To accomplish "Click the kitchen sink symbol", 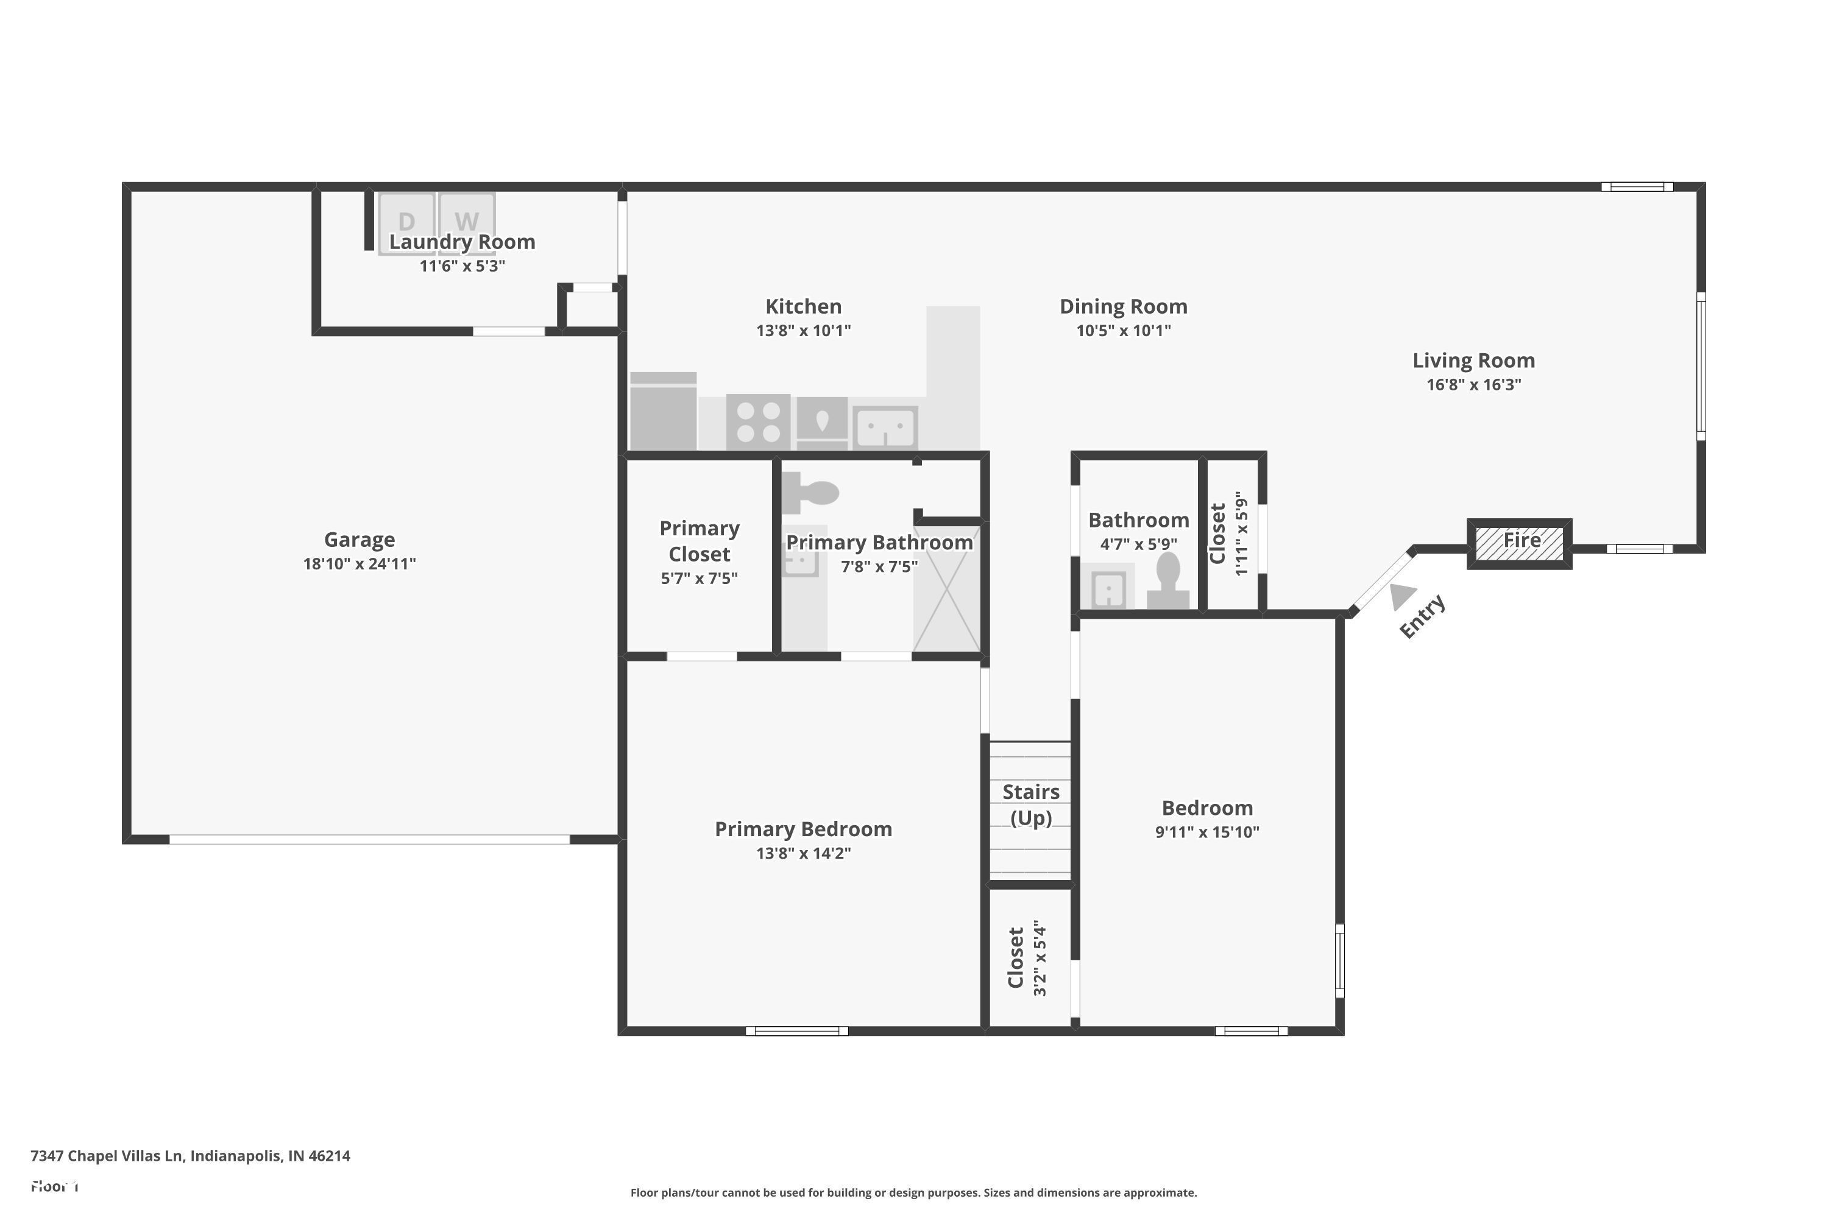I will [885, 428].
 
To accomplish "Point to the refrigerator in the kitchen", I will [663, 412].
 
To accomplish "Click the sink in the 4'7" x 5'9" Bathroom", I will [1108, 590].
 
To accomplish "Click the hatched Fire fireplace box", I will [1520, 544].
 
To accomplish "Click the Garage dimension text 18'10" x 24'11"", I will [359, 564].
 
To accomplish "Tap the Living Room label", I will [1473, 361].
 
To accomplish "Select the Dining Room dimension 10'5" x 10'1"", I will [1123, 330].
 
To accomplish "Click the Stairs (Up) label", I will [1030, 804].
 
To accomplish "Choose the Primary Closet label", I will [699, 541].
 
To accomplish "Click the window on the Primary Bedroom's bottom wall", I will [796, 1031].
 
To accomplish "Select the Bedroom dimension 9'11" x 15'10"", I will [1207, 832].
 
